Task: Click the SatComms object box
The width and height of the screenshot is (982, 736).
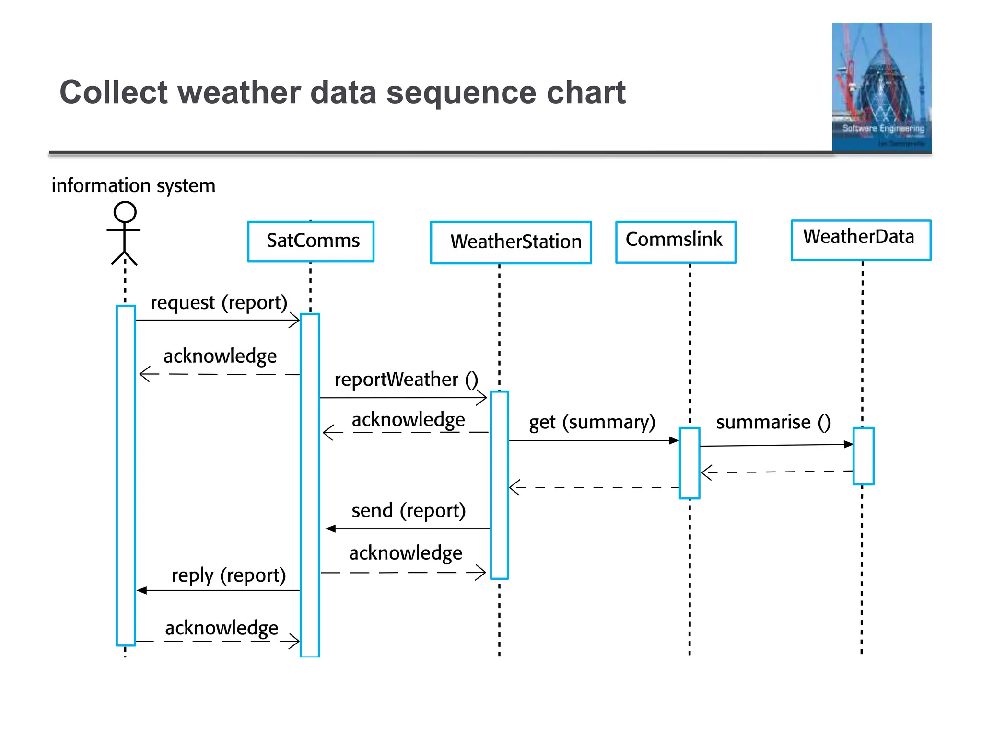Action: (x=311, y=241)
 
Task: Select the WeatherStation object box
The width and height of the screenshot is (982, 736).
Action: (x=511, y=242)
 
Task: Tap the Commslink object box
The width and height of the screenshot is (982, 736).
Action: (x=675, y=241)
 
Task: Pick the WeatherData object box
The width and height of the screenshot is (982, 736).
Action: (x=860, y=240)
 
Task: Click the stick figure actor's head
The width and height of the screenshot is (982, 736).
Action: (x=125, y=212)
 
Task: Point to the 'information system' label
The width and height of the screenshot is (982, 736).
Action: (x=133, y=185)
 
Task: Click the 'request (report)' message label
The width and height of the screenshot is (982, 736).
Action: (x=219, y=303)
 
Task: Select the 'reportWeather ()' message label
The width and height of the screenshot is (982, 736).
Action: (x=406, y=379)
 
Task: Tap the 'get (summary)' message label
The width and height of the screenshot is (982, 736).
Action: (x=592, y=422)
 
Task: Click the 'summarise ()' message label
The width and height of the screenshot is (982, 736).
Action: (x=773, y=422)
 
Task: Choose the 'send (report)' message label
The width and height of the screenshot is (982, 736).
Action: (x=409, y=511)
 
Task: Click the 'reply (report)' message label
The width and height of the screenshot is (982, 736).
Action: (x=229, y=575)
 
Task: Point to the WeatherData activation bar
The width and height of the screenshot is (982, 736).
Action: (x=863, y=456)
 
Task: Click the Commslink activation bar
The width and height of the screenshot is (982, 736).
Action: (x=690, y=463)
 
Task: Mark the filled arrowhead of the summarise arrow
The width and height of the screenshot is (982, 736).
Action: (x=848, y=444)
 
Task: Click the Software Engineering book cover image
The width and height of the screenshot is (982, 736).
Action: (x=881, y=87)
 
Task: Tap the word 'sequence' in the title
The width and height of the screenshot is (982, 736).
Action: (x=461, y=92)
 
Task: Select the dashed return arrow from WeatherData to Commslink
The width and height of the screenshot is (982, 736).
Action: (x=777, y=472)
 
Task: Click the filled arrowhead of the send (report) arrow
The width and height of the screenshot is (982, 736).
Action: (x=330, y=529)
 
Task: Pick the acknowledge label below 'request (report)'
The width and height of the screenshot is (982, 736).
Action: (x=220, y=356)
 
